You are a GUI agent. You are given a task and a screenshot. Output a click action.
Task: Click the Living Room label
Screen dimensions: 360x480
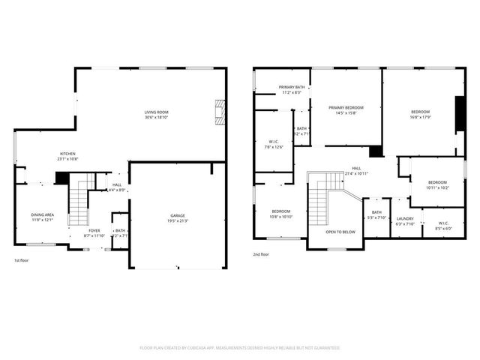(156, 112)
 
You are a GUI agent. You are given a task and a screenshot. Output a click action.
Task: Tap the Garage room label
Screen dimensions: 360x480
(178, 215)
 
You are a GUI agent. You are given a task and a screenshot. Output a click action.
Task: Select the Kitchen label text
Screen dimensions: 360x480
(68, 154)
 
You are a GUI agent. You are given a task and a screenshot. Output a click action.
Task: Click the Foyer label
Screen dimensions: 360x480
(94, 231)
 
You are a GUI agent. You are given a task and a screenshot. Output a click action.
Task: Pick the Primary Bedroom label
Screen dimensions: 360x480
(346, 108)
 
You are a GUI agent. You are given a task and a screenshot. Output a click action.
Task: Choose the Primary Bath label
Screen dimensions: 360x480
(292, 88)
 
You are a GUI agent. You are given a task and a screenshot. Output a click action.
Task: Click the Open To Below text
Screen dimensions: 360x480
(340, 232)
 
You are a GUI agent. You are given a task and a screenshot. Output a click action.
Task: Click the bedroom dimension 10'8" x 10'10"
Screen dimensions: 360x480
(281, 217)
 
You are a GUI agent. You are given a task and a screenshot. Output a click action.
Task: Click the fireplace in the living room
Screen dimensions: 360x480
(219, 113)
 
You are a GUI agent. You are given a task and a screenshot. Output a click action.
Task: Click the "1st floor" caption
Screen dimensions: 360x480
(22, 260)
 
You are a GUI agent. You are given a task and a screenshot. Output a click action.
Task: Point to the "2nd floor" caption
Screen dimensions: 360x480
(261, 254)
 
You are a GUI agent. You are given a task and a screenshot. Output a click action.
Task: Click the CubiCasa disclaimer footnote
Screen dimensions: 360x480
(240, 348)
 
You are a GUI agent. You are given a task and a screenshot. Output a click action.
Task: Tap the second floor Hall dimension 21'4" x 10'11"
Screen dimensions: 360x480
(357, 174)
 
